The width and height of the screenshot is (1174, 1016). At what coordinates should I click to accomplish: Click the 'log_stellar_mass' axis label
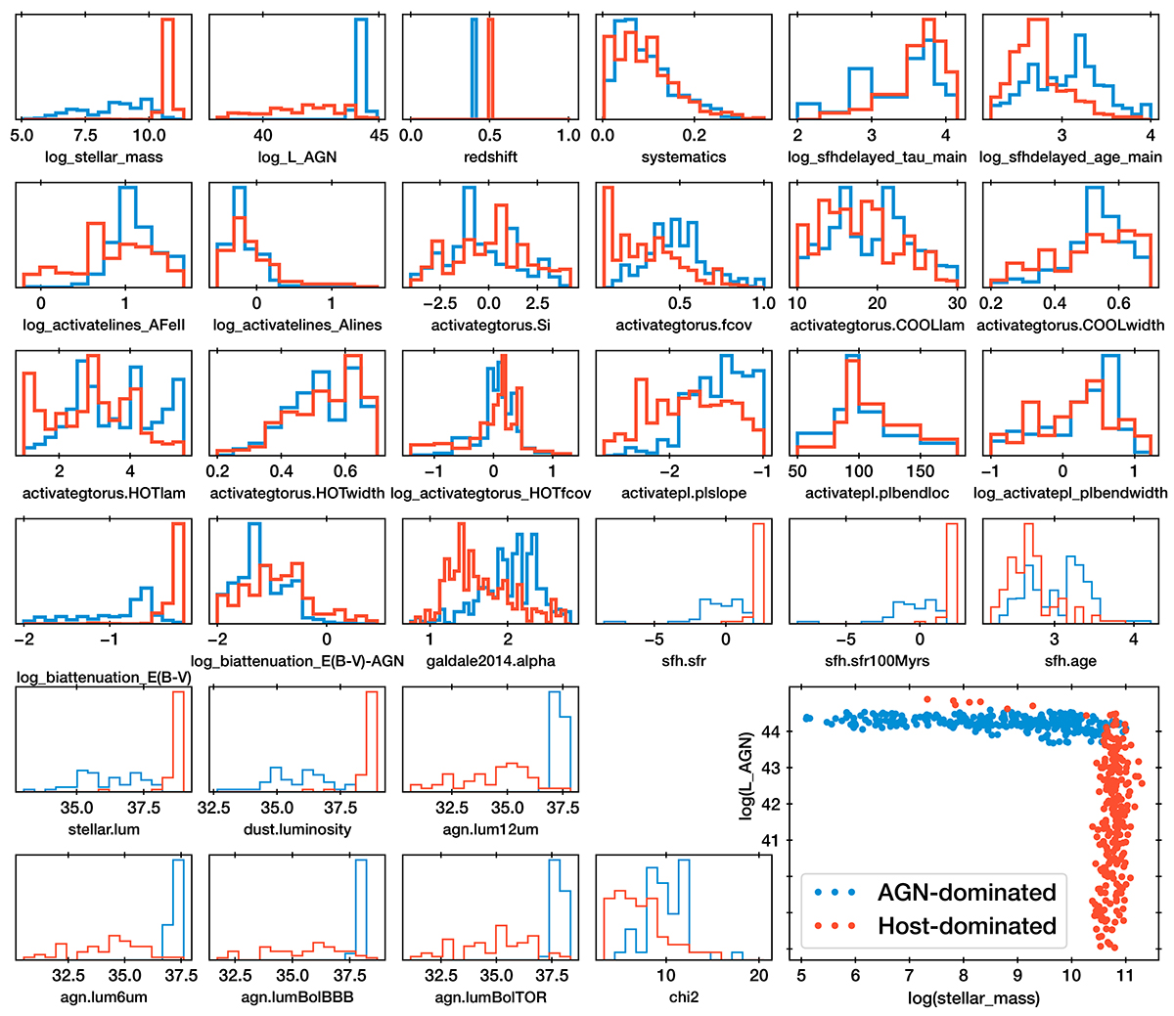(x=104, y=156)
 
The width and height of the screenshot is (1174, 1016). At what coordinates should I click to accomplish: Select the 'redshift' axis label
(x=490, y=156)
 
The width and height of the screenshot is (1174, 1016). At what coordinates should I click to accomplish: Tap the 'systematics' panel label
(x=684, y=156)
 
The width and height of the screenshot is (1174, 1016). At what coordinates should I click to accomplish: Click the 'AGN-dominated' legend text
(x=967, y=893)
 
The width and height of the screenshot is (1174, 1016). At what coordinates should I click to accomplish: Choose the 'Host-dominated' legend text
(x=967, y=926)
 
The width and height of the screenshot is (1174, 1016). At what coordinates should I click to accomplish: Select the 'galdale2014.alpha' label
(x=490, y=661)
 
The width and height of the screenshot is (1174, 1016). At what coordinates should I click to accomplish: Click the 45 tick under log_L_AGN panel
(x=379, y=135)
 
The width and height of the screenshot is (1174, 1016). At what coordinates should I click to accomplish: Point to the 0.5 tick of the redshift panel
(x=490, y=135)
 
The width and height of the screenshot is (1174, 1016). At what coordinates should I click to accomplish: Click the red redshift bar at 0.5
(x=490, y=68)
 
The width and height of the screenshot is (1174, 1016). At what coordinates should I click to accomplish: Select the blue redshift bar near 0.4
(x=474, y=68)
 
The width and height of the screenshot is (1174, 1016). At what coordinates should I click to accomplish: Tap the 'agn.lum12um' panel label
(x=490, y=829)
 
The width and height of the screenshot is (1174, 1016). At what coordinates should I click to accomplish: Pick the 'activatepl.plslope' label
(x=684, y=493)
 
